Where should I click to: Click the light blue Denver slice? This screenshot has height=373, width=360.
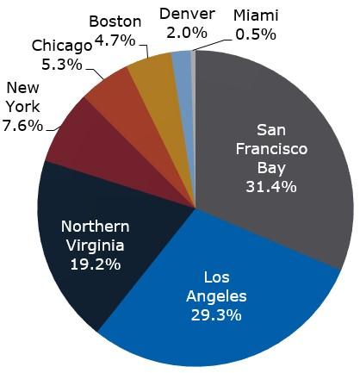pyautogui.click(x=181, y=64)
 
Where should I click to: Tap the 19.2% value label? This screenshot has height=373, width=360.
pyautogui.click(x=96, y=264)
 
